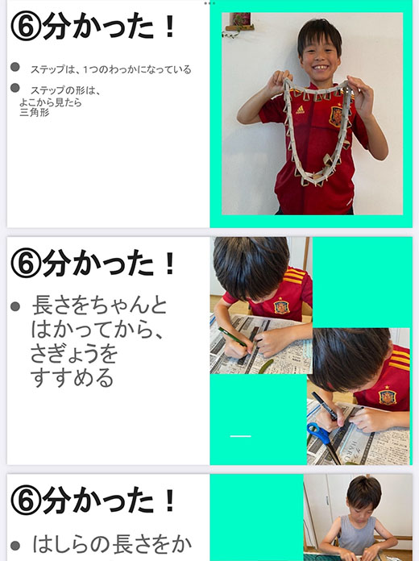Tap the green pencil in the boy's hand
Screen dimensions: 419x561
point(234,337)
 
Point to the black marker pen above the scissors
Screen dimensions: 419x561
point(324,405)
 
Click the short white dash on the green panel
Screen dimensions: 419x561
point(240,436)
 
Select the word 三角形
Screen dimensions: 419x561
point(35,113)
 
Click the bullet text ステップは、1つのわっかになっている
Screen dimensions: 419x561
point(111,69)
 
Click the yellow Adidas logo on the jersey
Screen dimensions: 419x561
point(301,110)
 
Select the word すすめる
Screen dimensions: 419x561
point(72,378)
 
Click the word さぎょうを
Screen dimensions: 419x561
point(74,354)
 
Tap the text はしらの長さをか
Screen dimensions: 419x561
point(112,544)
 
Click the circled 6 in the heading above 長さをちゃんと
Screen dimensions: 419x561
point(26,264)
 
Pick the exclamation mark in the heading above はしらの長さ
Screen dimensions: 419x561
point(170,501)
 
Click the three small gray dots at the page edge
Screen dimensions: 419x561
point(209,3)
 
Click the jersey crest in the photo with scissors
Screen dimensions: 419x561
point(387,396)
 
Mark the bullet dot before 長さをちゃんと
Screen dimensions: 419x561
point(15,306)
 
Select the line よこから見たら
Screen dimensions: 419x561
point(51,102)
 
